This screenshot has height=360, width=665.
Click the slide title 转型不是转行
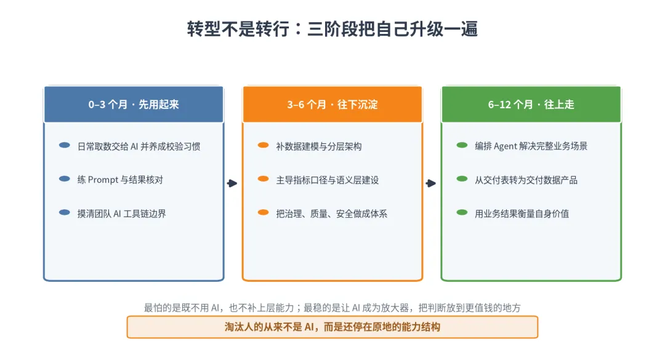[x=238, y=29]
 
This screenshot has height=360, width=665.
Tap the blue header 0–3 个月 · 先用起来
[x=134, y=105]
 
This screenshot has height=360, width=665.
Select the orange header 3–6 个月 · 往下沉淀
[x=332, y=105]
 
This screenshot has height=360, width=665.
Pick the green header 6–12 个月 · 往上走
[x=531, y=105]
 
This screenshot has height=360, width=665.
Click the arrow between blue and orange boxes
[x=232, y=183]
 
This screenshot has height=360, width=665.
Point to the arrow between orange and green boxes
[x=431, y=183]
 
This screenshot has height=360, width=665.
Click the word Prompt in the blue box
[x=103, y=180]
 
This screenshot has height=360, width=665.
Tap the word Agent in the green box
[x=506, y=146]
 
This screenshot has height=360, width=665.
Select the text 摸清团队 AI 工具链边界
[x=122, y=214]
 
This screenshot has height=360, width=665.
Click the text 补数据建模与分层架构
[x=319, y=146]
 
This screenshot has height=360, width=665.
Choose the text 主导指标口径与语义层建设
[x=328, y=180]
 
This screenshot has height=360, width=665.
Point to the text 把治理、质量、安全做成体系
[x=332, y=214]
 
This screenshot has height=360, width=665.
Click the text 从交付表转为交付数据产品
[x=526, y=180]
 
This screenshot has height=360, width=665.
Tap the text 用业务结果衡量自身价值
[x=522, y=214]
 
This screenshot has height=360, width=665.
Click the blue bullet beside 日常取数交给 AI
[x=65, y=145]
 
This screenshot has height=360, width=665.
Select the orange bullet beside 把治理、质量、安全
[x=264, y=212]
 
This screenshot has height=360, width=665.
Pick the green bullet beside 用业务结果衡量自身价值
[x=462, y=212]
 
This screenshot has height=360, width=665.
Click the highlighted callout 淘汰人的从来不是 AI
[x=332, y=327]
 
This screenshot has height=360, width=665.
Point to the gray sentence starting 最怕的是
[x=332, y=308]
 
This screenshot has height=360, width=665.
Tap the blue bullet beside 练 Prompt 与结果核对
[x=65, y=179]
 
